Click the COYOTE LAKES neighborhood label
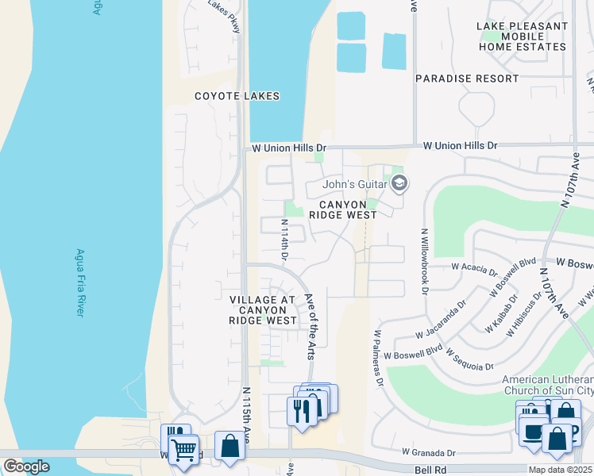pyautogui.click(x=237, y=96)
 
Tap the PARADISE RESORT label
pyautogui.click(x=467, y=79)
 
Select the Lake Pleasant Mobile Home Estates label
pyautogui.click(x=522, y=36)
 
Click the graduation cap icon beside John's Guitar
pyautogui.click(x=399, y=185)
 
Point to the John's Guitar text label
pyautogui.click(x=354, y=185)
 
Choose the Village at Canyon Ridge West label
pyautogui.click(x=263, y=309)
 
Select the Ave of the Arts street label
pyautogui.click(x=312, y=326)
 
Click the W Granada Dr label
pyautogui.click(x=429, y=452)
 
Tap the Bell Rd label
pyautogui.click(x=426, y=470)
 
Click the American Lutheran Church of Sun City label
pyautogui.click(x=547, y=384)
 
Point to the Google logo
pyautogui.click(x=26, y=466)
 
